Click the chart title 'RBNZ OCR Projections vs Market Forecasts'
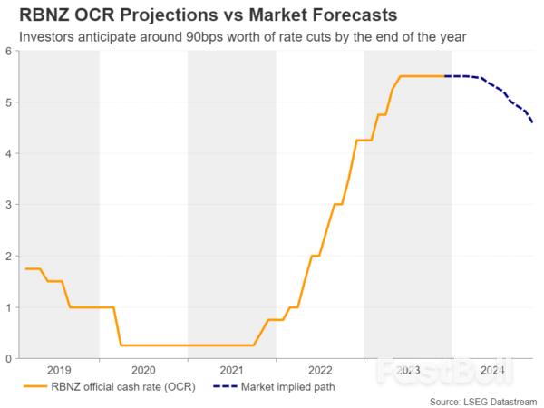[x=188, y=15]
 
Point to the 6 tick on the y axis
[x=7, y=52]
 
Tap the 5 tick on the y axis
[x=7, y=102]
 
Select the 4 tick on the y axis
[x=7, y=154]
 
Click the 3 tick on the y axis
[x=7, y=205]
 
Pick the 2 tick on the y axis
[x=7, y=257]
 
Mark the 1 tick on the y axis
[x=7, y=307]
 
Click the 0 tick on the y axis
[x=7, y=359]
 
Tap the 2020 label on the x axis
[x=144, y=370]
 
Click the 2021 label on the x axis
[x=232, y=370]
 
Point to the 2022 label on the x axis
[x=320, y=370]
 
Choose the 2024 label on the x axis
[x=493, y=370]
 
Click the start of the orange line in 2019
[x=25, y=269]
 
